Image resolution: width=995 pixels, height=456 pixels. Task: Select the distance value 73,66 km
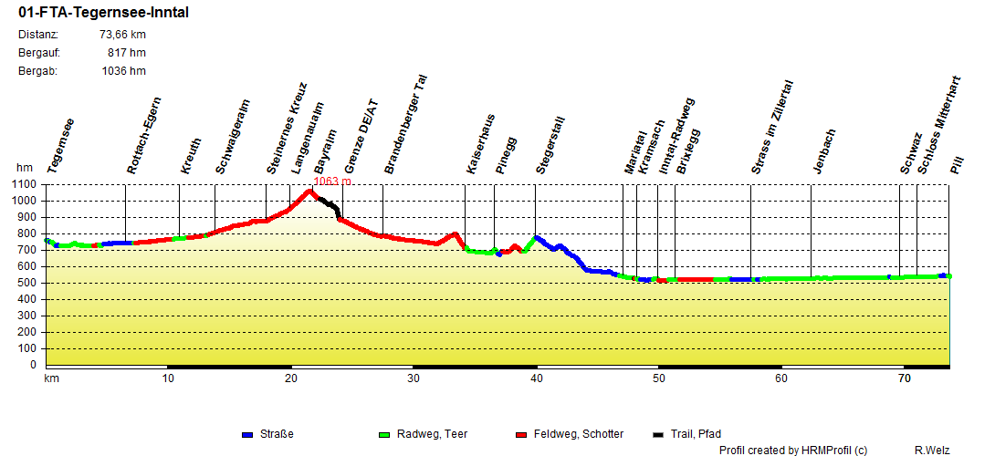click(x=122, y=35)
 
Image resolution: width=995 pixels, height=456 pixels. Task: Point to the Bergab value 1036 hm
click(x=123, y=71)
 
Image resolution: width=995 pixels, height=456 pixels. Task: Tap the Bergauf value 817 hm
click(x=127, y=53)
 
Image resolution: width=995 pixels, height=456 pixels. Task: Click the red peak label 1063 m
click(x=332, y=181)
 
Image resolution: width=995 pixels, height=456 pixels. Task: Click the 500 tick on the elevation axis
click(x=27, y=284)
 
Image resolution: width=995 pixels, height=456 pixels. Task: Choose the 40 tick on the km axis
click(x=537, y=378)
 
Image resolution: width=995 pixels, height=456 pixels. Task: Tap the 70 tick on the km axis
click(x=904, y=378)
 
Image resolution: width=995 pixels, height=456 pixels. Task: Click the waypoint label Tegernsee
click(x=60, y=146)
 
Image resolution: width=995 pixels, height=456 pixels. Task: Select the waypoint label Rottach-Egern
click(x=144, y=135)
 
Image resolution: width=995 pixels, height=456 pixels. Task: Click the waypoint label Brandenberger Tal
click(x=406, y=125)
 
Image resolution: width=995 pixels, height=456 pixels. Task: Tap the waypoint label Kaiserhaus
click(x=480, y=145)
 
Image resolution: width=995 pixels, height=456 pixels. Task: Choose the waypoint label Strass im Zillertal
click(x=772, y=126)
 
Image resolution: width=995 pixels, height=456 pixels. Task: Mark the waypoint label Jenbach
click(x=823, y=150)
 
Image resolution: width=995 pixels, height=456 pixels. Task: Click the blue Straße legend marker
click(x=247, y=435)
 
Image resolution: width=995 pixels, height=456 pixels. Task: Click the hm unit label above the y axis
click(x=24, y=168)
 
